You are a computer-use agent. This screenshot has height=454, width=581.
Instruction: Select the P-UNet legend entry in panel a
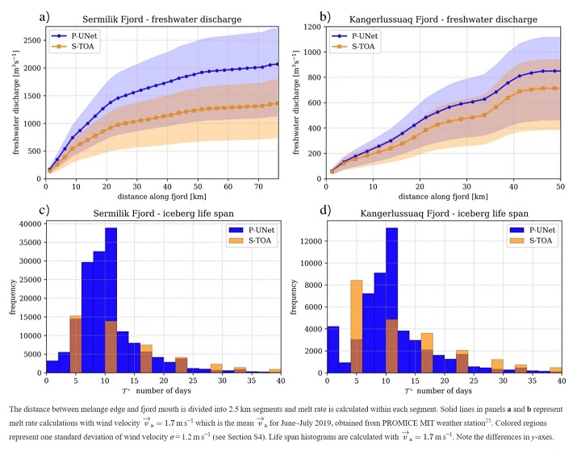(x=79, y=35)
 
